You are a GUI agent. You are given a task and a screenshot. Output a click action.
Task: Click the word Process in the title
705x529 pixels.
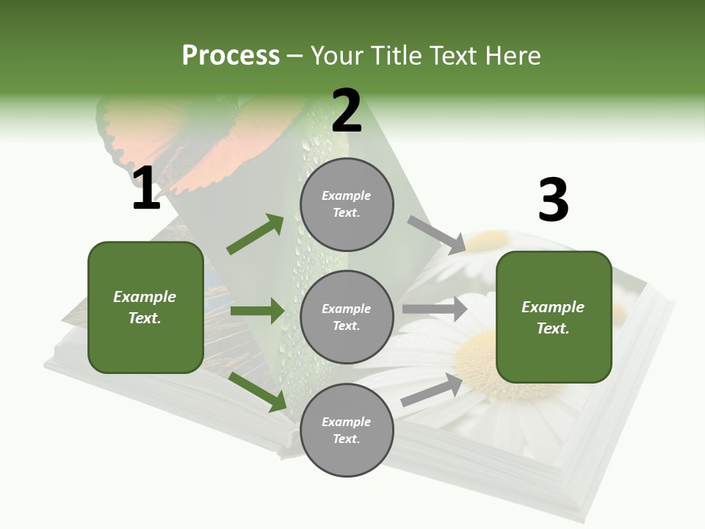(x=231, y=55)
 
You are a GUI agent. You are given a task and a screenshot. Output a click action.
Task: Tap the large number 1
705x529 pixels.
(x=146, y=190)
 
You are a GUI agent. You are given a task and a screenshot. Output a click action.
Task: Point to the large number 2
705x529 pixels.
(x=347, y=112)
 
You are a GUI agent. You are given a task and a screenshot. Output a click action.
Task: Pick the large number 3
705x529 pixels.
(x=553, y=201)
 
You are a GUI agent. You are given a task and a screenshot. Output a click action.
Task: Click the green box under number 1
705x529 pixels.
(x=145, y=307)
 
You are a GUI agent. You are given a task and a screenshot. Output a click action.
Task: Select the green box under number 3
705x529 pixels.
(x=554, y=317)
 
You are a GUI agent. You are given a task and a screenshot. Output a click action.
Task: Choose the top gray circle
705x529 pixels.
(x=347, y=204)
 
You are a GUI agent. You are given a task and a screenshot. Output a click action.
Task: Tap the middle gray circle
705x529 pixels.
(x=347, y=317)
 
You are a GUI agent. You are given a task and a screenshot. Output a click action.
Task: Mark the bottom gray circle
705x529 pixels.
(x=347, y=431)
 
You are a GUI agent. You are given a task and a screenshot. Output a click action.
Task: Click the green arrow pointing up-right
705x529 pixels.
(x=256, y=234)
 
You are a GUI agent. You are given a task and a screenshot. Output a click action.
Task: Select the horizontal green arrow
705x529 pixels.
(x=257, y=311)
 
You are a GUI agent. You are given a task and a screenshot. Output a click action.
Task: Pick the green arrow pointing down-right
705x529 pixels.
(x=258, y=392)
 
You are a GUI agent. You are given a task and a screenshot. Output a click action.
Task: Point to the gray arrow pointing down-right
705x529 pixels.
(x=436, y=234)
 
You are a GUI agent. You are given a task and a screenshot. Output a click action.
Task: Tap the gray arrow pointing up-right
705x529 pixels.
(x=432, y=390)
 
